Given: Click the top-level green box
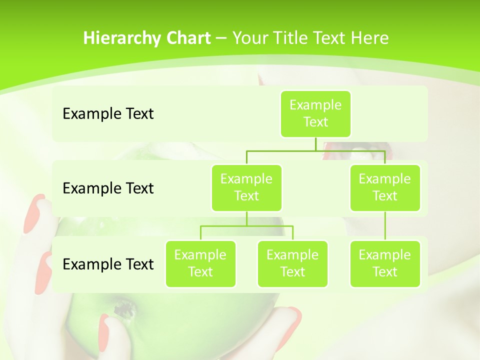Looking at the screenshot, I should [x=315, y=113].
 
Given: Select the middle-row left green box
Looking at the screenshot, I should [x=246, y=187].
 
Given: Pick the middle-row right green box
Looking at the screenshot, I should [x=385, y=187].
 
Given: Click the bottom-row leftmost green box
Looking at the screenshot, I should [x=200, y=263].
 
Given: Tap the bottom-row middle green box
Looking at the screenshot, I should [x=292, y=263].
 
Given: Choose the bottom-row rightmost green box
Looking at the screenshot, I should [x=385, y=263].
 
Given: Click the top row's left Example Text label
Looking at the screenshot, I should [x=108, y=114].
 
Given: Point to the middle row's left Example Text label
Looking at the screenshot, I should [x=108, y=188].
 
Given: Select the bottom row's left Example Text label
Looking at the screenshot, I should [x=108, y=264].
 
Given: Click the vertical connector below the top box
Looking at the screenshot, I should [x=315, y=144].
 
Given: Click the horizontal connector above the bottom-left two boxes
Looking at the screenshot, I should [x=246, y=226].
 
